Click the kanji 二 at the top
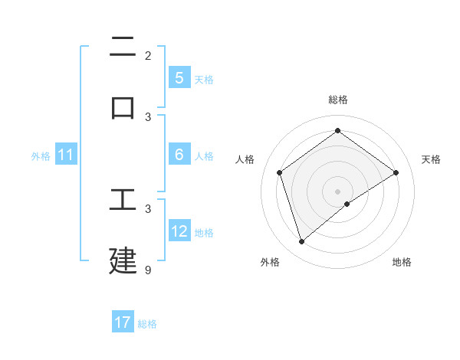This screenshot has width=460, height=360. point(123,48)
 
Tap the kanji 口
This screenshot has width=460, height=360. point(123,107)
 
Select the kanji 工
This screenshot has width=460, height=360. point(123,199)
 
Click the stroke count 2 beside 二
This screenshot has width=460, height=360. point(148,56)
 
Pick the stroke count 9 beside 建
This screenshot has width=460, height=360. point(148,270)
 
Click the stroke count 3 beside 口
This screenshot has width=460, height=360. point(148,117)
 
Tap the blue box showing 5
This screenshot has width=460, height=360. point(179,78)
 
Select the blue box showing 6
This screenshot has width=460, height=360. point(179,155)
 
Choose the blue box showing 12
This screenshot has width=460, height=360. point(179,231)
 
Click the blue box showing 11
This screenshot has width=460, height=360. point(66,155)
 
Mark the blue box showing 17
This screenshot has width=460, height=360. point(123,322)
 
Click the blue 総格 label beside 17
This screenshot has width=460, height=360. point(147,324)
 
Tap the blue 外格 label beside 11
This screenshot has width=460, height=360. point(41,156)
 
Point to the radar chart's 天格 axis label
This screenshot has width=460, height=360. point(431,159)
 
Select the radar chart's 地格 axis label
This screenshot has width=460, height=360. point(402,262)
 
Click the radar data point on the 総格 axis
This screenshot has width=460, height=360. point(337,131)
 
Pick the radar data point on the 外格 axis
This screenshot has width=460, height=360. point(301,242)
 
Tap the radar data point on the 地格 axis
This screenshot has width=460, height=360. point(347,204)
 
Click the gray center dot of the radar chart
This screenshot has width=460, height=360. point(337,191)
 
